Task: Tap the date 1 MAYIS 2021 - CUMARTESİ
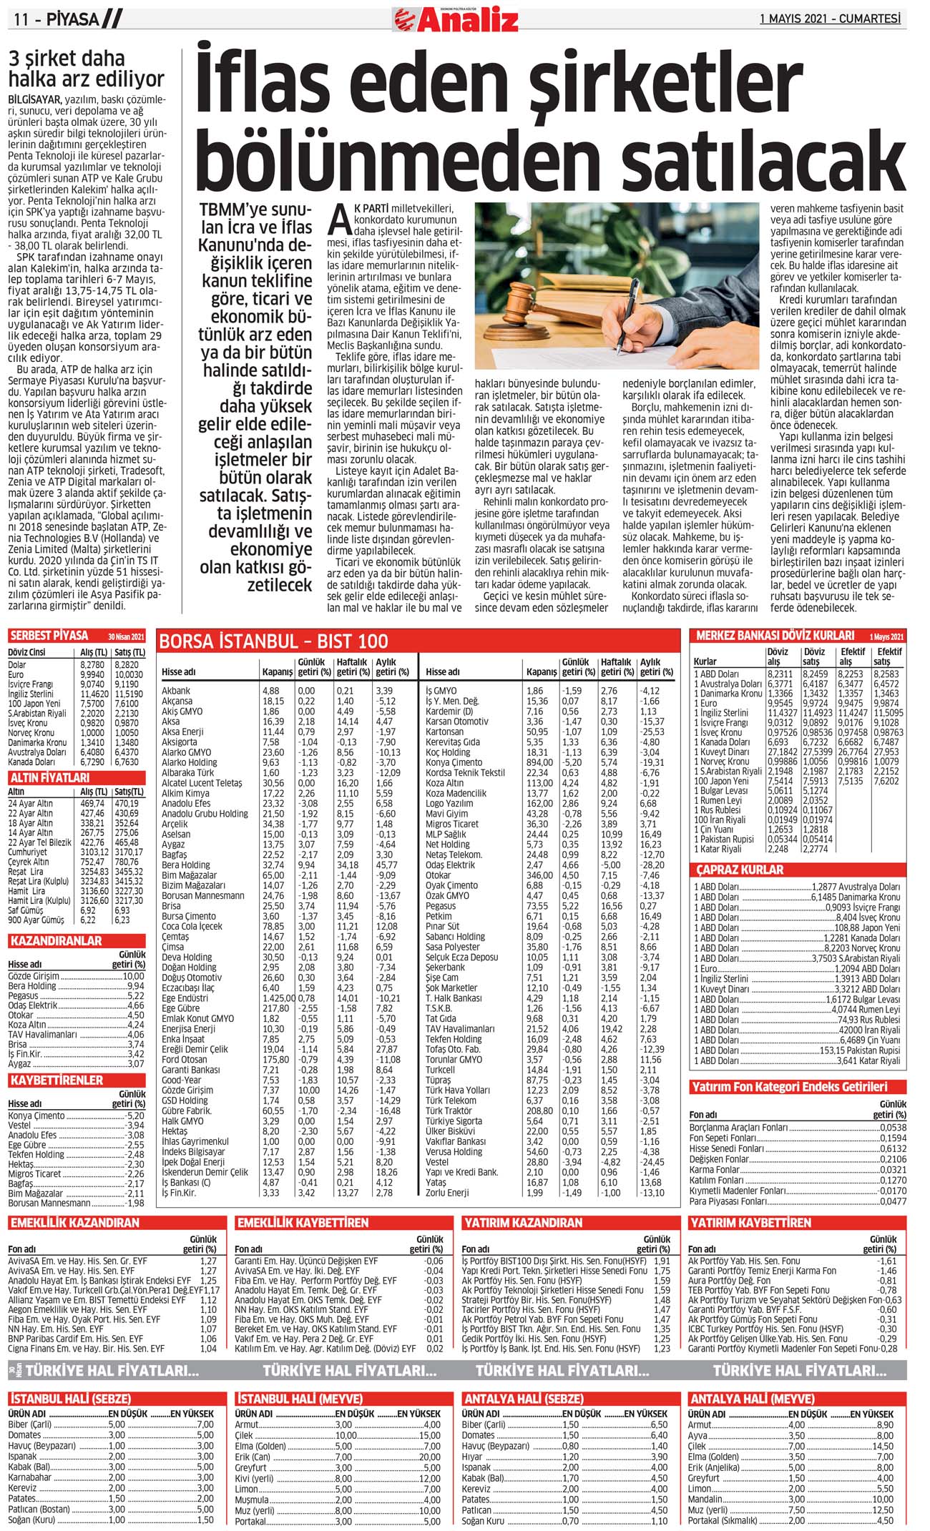pos(830,19)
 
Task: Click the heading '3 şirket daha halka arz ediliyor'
pos(86,69)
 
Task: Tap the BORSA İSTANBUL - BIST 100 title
pos(273,641)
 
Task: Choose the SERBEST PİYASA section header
pos(49,636)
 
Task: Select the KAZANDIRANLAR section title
pos(56,940)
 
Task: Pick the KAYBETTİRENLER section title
pos(57,1080)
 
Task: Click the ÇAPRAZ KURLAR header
pos(740,870)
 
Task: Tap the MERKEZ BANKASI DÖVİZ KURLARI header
pos(775,635)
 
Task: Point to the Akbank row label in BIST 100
pos(176,691)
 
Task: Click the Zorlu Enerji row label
pos(447,1193)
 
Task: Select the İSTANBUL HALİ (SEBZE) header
pos(70,1399)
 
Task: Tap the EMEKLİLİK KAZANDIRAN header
pos(74,1223)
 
